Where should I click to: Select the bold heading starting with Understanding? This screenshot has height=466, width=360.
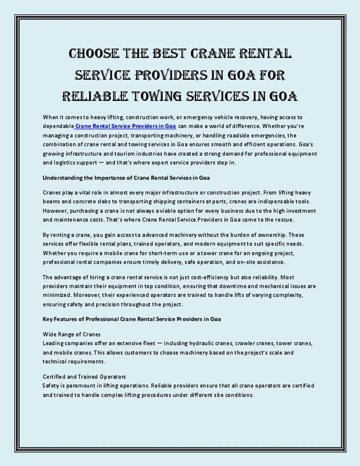click(x=126, y=178)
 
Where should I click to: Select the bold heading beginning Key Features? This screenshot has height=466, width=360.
click(x=132, y=319)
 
